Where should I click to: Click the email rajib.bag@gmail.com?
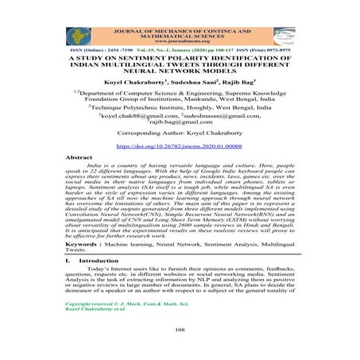pyautogui.click(x=180, y=122)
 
